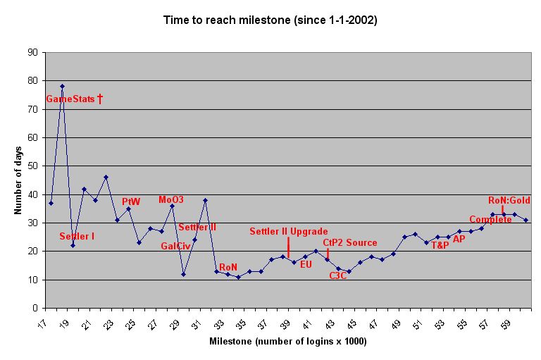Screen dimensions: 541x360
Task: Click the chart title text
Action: [x=270, y=20]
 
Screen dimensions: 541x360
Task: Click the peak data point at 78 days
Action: [x=62, y=86]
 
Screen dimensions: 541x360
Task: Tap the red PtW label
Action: [x=131, y=201]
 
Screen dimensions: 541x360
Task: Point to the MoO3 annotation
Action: [x=171, y=199]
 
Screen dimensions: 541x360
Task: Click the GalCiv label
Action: [x=175, y=246]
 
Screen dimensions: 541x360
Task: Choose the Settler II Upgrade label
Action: [x=289, y=231]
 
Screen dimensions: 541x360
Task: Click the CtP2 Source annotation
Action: [x=350, y=242]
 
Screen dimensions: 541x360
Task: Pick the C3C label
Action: [x=338, y=275]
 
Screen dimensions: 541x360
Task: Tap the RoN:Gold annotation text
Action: [x=509, y=200]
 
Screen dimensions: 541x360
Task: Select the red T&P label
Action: [x=440, y=245]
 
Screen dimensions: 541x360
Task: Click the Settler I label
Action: [x=77, y=237]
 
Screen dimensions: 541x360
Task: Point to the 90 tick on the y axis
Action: [x=33, y=52]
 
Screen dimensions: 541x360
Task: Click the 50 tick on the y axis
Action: [x=33, y=166]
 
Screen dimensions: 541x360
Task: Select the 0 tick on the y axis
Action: [x=35, y=308]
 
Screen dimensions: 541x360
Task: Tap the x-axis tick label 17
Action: [x=42, y=325]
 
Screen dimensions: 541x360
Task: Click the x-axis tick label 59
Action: [x=506, y=325]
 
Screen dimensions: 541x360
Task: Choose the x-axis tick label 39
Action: [x=285, y=325]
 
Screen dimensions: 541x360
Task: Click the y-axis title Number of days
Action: [x=18, y=180]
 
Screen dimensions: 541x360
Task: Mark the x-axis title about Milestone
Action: [x=288, y=342]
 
